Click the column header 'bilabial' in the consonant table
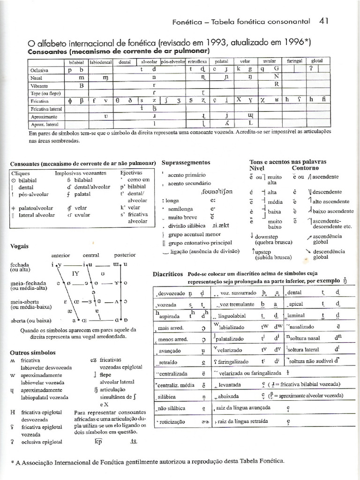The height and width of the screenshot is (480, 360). [x=76, y=61]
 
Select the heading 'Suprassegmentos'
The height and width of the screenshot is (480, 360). [x=186, y=162]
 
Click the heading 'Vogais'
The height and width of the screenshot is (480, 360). [x=19, y=246]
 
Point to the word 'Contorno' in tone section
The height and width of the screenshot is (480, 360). [x=305, y=168]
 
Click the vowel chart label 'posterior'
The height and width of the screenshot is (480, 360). [x=125, y=255]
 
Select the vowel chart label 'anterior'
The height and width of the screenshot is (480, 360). [x=60, y=255]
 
